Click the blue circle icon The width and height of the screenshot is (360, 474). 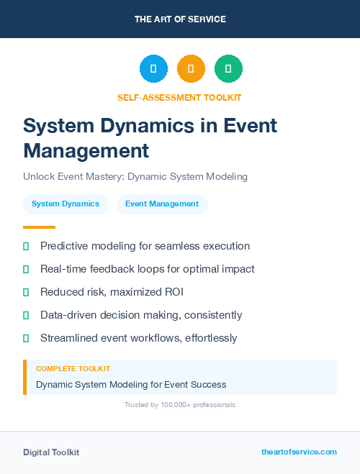[153, 69]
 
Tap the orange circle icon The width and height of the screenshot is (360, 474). [191, 69]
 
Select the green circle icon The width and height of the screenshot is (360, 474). [228, 69]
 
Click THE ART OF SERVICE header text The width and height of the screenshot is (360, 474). [180, 19]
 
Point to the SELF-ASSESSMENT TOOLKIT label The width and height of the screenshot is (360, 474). [179, 97]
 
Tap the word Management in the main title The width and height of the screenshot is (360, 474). [86, 150]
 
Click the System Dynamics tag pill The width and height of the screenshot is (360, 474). [66, 204]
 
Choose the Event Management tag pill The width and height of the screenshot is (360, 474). [162, 204]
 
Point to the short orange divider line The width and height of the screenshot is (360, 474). [39, 227]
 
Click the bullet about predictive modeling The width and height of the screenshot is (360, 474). [145, 246]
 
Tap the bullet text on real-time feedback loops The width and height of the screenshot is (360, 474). [147, 269]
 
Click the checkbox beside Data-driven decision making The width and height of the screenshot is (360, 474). [26, 315]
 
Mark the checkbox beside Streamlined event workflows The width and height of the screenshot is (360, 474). [26, 338]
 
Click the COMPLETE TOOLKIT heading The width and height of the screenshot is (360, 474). [73, 369]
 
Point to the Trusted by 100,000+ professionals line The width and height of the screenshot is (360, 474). [179, 405]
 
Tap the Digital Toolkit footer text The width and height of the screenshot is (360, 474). [51, 452]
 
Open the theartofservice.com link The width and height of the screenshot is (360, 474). [299, 452]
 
